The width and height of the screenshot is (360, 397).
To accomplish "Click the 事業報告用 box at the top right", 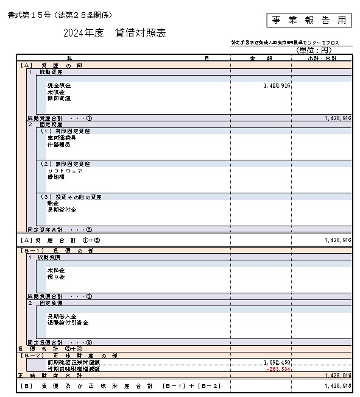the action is point(309,20).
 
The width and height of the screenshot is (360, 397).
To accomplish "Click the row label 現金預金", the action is point(59,86).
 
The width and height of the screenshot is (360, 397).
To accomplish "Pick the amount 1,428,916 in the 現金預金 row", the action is point(277,86).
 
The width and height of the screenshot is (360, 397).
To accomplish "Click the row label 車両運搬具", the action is point(62,138).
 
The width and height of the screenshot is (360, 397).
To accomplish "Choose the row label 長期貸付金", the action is point(62,210).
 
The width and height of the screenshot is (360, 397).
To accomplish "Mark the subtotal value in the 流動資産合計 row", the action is point(337,118).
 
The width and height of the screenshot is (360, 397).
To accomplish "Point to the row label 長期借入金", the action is point(62,317).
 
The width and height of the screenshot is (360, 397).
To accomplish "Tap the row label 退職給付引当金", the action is point(68,323).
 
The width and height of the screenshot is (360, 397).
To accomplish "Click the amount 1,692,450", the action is point(277,362).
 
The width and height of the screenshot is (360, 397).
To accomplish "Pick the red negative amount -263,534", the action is point(277,369).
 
